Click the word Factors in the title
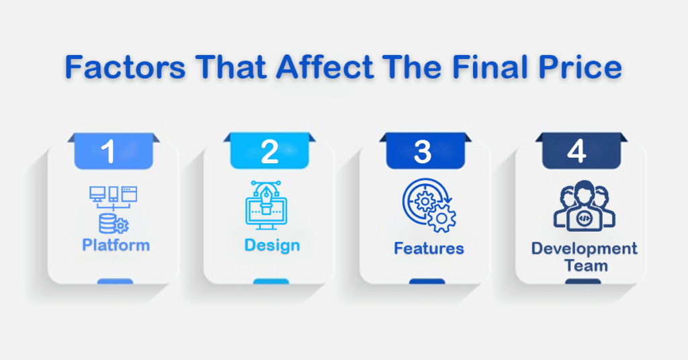[x=125, y=67]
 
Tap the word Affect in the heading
[x=325, y=67]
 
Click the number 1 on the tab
[x=108, y=151]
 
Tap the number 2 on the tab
[x=269, y=152]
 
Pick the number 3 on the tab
[x=423, y=152]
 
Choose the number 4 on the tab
[x=576, y=151]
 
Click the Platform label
[x=116, y=244]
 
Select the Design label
[x=272, y=245]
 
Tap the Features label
[x=429, y=249]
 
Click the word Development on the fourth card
[x=584, y=249]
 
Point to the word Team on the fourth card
[x=586, y=266]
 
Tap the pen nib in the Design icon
[x=266, y=195]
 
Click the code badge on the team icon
[x=584, y=218]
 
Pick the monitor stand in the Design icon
[x=266, y=226]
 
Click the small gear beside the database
[x=122, y=226]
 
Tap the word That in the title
[x=231, y=67]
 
